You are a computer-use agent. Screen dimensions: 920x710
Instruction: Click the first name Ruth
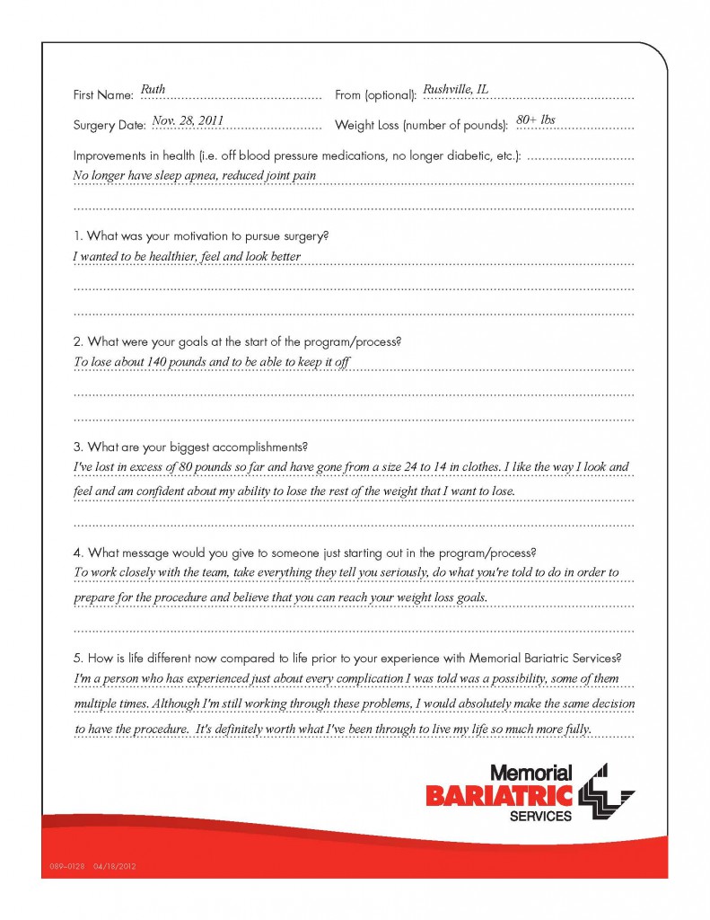click(x=153, y=90)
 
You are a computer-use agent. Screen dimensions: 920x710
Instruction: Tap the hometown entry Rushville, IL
click(x=455, y=90)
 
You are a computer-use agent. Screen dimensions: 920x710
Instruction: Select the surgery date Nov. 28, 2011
click(x=188, y=119)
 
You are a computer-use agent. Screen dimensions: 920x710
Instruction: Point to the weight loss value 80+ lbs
click(x=536, y=119)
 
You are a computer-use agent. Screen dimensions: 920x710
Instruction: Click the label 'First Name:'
click(x=102, y=95)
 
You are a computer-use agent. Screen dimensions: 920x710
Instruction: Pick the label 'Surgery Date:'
click(x=109, y=125)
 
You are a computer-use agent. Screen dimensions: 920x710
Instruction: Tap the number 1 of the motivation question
click(x=76, y=236)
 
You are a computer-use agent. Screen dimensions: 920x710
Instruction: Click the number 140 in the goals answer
click(x=159, y=362)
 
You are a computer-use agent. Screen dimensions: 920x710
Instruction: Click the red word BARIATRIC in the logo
click(x=499, y=794)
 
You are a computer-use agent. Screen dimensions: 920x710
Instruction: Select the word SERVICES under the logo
click(x=539, y=816)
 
